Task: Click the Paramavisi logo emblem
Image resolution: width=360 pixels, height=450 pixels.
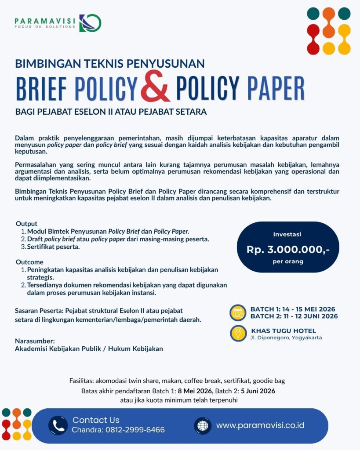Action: coord(90,23)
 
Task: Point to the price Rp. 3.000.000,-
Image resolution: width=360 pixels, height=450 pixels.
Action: coord(288,249)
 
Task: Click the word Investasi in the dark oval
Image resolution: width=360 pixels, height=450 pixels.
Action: coord(287,235)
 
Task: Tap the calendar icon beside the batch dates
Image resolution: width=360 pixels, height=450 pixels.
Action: coord(238,312)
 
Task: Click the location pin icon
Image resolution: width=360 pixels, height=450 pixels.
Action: coord(238,333)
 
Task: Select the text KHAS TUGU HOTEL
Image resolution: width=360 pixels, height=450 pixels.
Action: coord(284,330)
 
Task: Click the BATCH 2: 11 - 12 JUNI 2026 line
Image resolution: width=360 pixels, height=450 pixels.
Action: coord(294,316)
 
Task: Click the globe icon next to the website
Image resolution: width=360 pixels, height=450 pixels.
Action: coord(203,425)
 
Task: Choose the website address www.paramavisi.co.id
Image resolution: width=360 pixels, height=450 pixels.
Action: coord(260,425)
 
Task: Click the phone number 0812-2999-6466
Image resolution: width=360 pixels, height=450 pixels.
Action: coord(135,430)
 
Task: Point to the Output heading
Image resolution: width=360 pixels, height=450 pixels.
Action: coord(26,224)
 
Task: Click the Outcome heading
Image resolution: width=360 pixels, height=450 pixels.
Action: coord(30,262)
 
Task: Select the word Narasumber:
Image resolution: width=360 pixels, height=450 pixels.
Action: coord(35,341)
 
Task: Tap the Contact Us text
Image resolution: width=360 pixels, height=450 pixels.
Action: coord(96,420)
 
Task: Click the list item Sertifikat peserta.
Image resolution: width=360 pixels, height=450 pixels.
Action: coord(55,247)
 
